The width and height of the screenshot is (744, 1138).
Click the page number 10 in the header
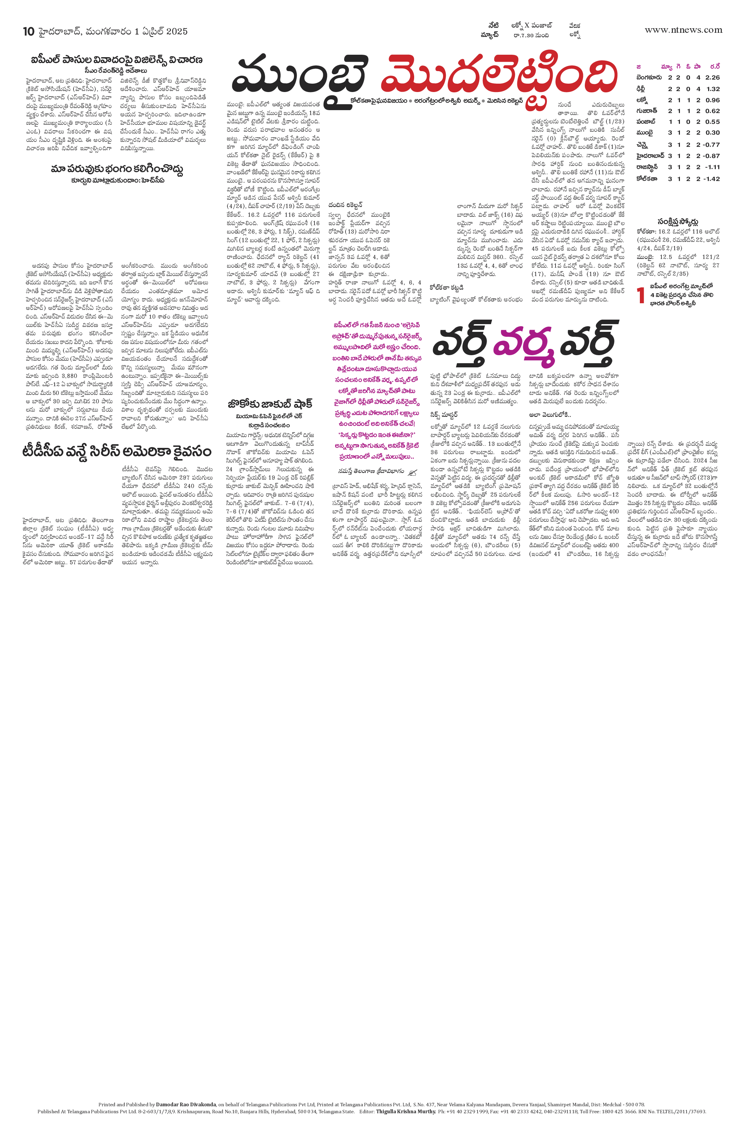pos(29,32)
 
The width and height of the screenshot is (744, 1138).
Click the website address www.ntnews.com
pos(683,30)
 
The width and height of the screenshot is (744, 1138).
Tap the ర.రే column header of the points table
pos(714,67)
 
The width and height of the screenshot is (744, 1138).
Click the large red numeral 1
pos(641,296)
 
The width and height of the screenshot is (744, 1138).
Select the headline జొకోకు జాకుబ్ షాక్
pos(270,404)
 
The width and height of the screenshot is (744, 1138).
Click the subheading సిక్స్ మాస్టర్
pos(444,414)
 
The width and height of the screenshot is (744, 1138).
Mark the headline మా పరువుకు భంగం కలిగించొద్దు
pos(117,169)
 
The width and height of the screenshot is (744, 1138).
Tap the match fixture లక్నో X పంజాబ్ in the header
pos(532,25)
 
